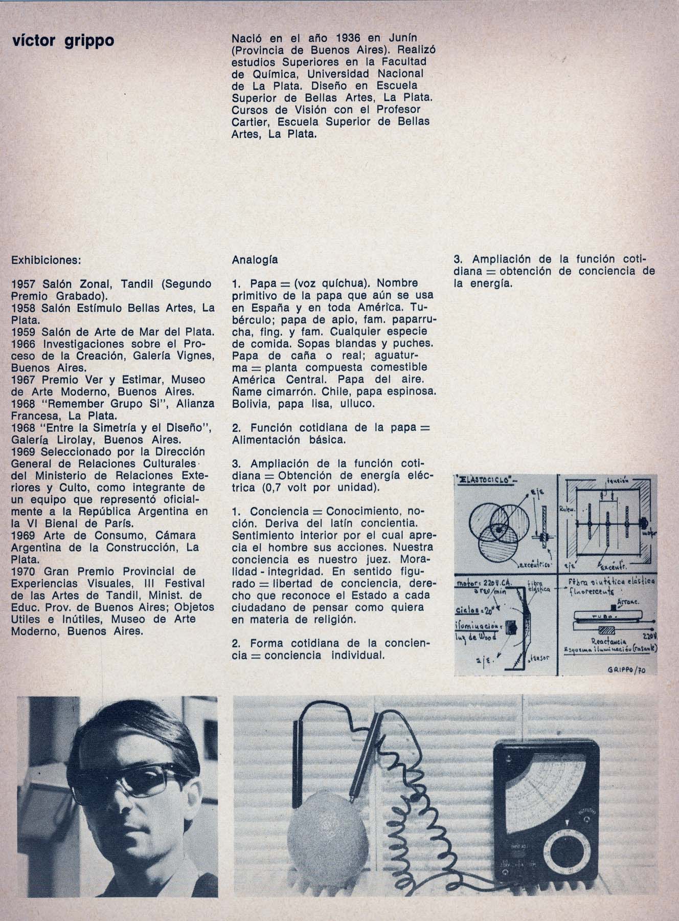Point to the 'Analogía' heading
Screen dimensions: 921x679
(x=255, y=259)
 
